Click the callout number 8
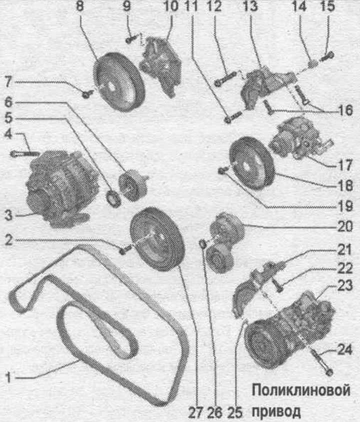click(80, 6)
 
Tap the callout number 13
click(250, 6)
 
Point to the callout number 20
click(345, 226)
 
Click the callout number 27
click(196, 412)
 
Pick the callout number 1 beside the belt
click(8, 377)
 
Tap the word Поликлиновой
click(301, 390)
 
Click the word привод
click(276, 411)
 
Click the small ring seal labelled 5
click(114, 198)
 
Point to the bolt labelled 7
click(87, 94)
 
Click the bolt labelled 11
click(232, 117)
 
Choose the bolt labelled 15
click(327, 57)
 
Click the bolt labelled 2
click(125, 249)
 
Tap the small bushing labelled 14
click(312, 64)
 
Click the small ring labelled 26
click(202, 243)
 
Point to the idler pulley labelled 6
click(132, 185)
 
